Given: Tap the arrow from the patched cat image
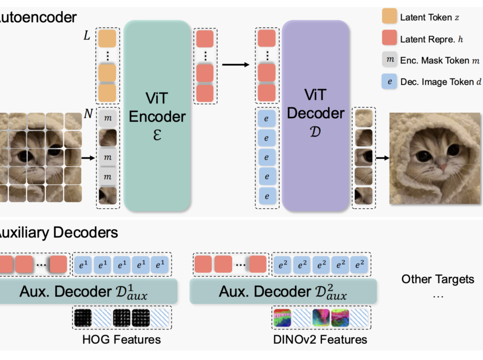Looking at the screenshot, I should pos(89,159).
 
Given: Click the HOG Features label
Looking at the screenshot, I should pos(122,340).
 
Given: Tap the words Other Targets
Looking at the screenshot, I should pos(437,280).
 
